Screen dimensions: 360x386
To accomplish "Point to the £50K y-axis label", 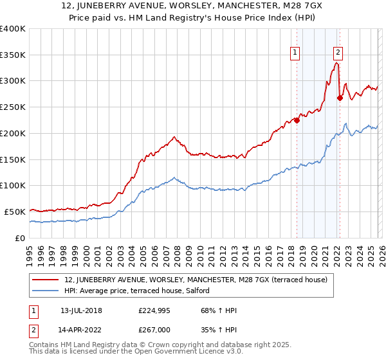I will pyautogui.click(x=14, y=212).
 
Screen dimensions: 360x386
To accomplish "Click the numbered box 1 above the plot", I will pyautogui.click(x=295, y=53).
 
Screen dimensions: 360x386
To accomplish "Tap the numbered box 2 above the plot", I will pyautogui.click(x=338, y=53).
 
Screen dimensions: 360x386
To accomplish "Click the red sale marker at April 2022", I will pyautogui.click(x=340, y=98).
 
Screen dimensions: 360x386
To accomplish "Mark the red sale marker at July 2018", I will pyautogui.click(x=297, y=120).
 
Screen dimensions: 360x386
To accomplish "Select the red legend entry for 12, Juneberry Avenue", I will pyautogui.click(x=196, y=280).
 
